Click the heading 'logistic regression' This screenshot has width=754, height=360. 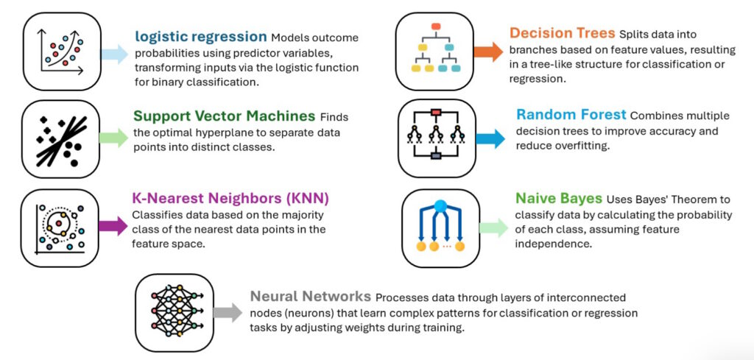point(200,36)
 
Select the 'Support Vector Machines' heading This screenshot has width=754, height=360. point(224,116)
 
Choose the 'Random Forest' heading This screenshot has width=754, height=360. point(571,115)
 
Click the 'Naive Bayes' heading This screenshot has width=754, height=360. point(558,199)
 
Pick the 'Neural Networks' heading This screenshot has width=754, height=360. point(310,297)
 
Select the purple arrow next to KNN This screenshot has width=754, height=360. point(113,226)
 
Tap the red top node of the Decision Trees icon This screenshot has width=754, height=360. point(435,27)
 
